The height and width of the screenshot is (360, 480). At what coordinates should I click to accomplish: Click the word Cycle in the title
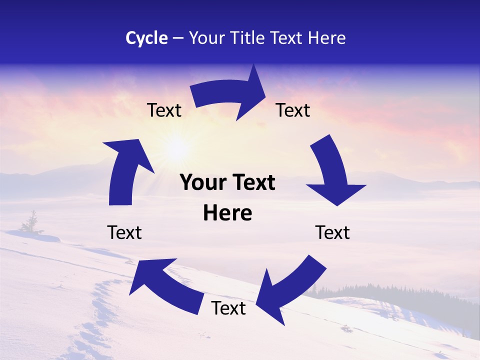146,38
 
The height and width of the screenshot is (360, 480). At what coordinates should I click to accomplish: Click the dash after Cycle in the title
178,38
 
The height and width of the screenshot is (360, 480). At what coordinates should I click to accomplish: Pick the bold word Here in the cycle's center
227,213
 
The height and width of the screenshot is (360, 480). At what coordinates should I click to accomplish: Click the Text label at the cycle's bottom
228,308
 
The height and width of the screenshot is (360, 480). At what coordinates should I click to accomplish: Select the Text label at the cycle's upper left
164,110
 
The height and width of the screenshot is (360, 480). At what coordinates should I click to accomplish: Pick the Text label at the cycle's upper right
293,110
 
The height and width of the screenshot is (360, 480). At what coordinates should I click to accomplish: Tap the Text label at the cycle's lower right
332,232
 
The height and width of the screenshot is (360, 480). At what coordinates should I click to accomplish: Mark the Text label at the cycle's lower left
124,232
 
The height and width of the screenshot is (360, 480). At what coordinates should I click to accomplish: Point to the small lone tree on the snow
32,222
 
